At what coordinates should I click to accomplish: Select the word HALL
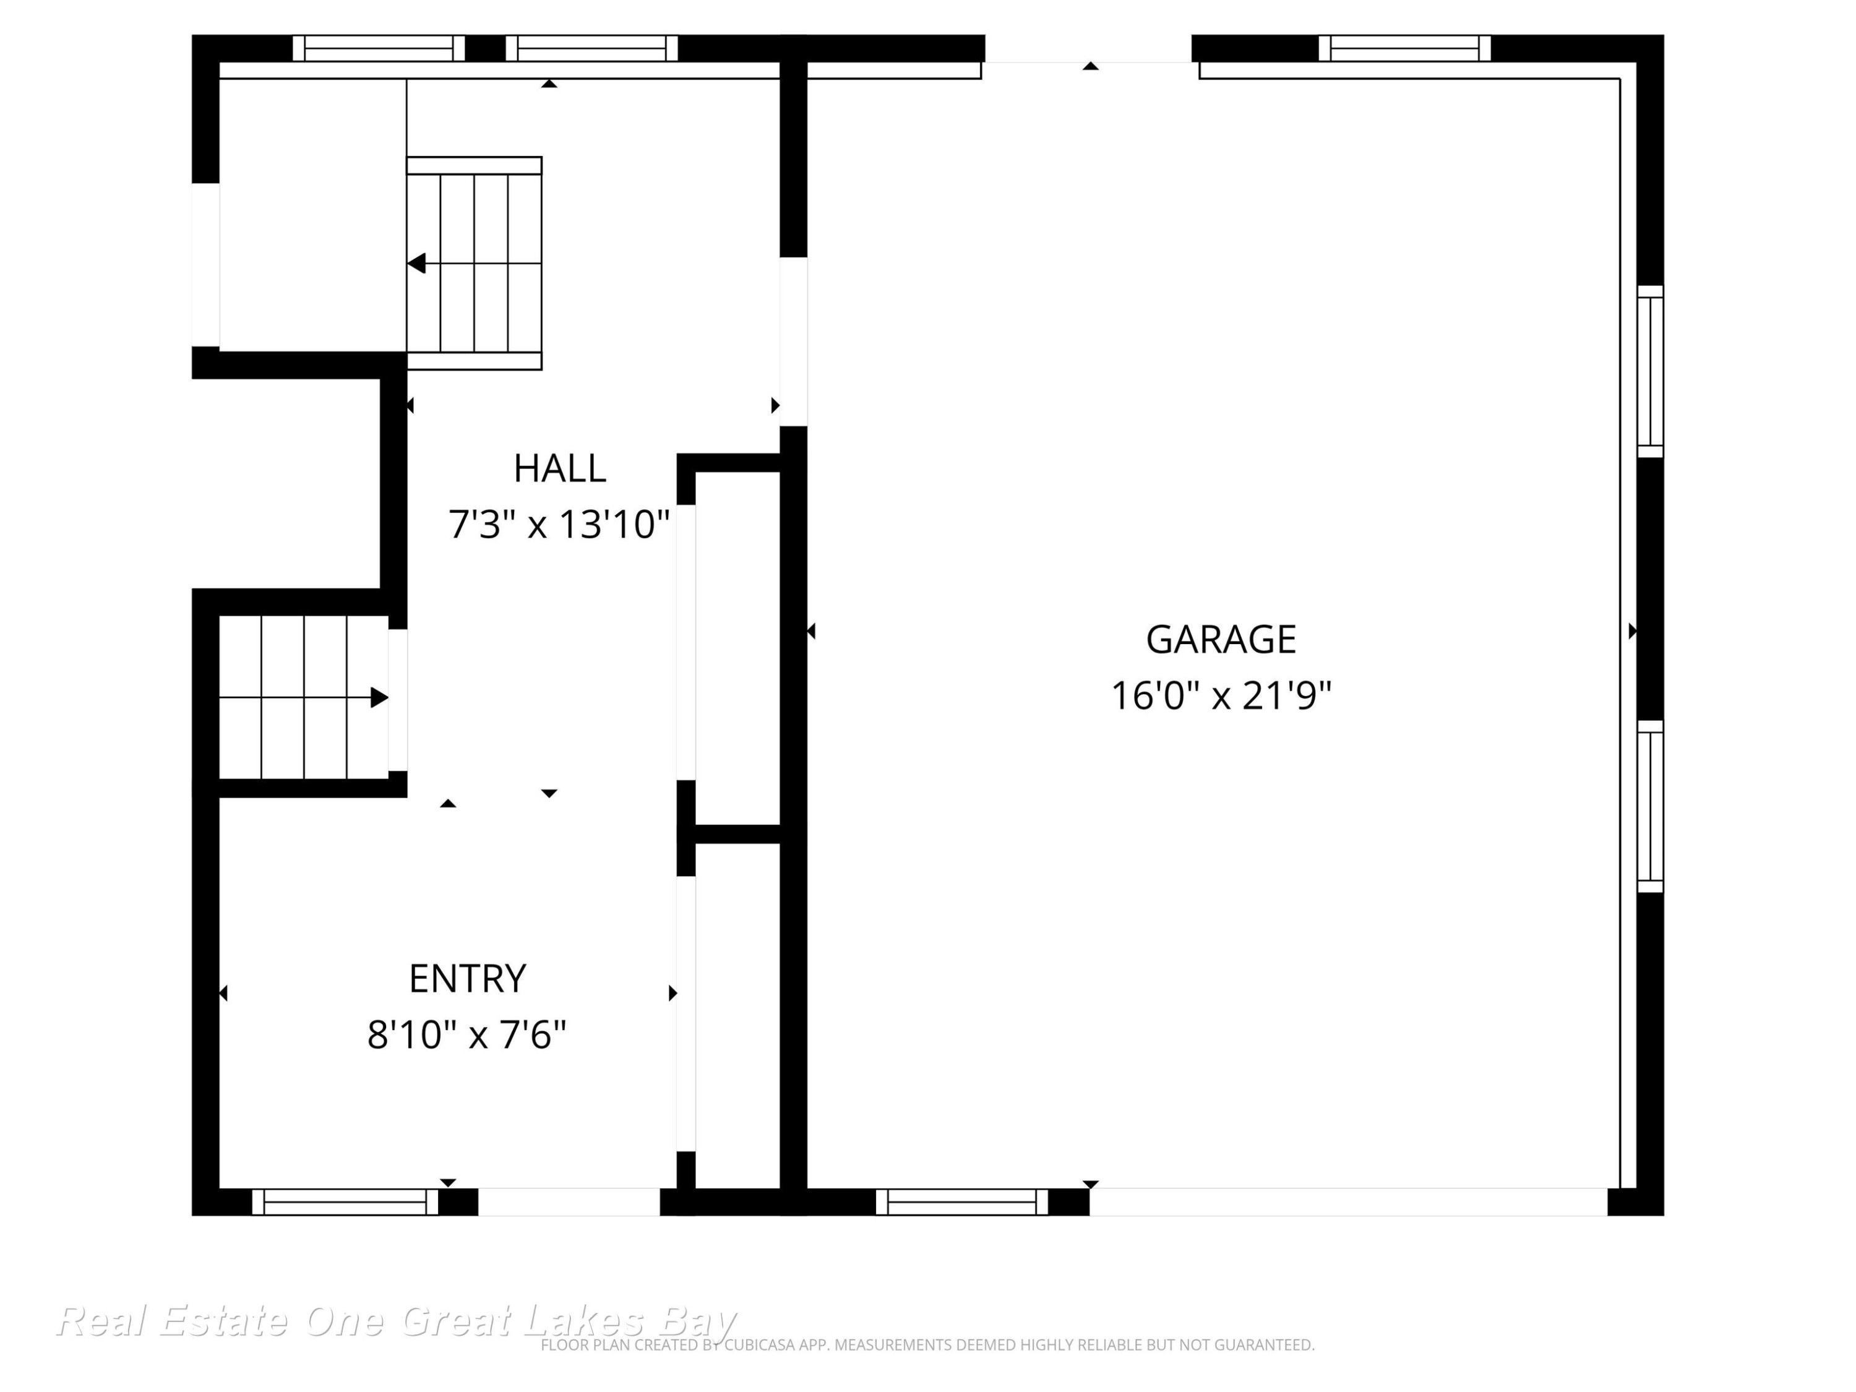[x=560, y=468]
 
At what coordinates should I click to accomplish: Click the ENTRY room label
[x=467, y=978]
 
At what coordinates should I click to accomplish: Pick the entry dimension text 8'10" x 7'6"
[x=466, y=1034]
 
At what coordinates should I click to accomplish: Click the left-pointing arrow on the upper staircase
[x=417, y=264]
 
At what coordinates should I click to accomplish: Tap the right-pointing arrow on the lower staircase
[x=379, y=697]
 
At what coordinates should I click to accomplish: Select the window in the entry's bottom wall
[x=345, y=1201]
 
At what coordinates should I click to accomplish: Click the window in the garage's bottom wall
[x=961, y=1201]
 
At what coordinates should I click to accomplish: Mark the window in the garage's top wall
[x=1404, y=48]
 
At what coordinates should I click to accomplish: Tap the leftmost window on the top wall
[x=379, y=48]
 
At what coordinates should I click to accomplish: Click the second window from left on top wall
[x=591, y=48]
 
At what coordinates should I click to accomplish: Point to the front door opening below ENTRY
[x=569, y=1201]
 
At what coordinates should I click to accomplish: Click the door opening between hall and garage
[x=794, y=342]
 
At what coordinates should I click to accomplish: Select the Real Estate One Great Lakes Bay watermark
[x=396, y=1321]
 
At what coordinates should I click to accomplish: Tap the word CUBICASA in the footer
[x=758, y=1345]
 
